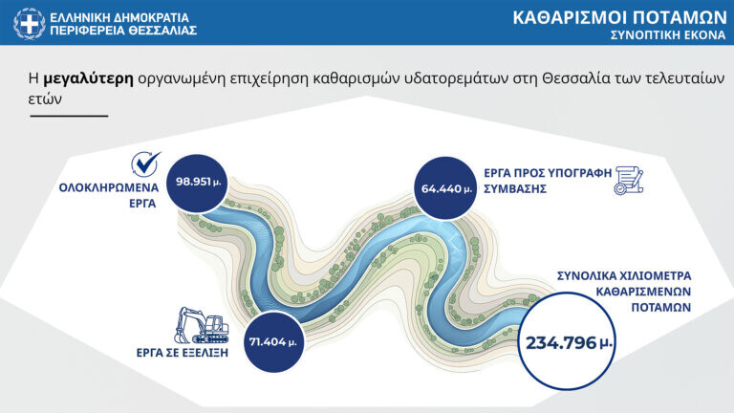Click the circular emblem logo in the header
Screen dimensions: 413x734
(29, 23)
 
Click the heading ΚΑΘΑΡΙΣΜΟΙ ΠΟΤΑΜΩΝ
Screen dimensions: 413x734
(618, 17)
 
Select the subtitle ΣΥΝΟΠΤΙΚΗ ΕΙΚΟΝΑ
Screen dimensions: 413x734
(664, 34)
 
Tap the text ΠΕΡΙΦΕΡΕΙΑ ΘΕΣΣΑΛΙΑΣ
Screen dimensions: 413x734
(123, 31)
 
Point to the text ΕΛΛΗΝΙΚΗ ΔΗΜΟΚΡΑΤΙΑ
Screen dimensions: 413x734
(119, 16)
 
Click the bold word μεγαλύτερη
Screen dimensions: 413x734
(88, 77)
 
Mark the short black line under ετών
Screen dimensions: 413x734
(69, 116)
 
